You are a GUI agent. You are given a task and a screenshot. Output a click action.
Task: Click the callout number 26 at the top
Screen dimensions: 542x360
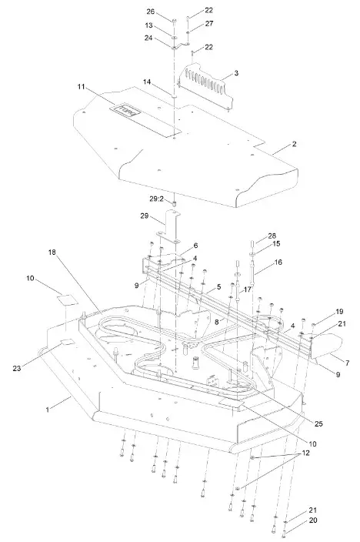tap(151, 12)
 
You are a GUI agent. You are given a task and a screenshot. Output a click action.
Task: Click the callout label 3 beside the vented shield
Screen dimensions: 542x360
tap(236, 73)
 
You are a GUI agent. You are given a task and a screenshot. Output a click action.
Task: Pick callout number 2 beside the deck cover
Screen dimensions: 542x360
tap(272, 144)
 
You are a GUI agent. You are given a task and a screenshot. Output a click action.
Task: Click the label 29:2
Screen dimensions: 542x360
tap(155, 199)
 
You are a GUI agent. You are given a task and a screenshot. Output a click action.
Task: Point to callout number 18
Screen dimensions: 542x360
tap(52, 253)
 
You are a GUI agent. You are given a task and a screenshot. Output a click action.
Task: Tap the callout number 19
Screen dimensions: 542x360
tap(317, 311)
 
